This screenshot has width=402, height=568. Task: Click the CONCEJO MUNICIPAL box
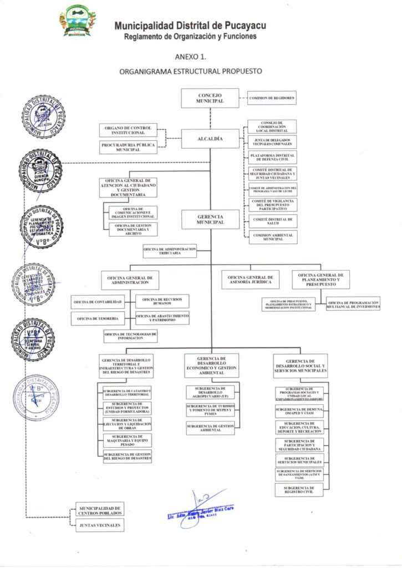pyautogui.click(x=210, y=98)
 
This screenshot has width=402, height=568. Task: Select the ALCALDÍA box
pyautogui.click(x=210, y=139)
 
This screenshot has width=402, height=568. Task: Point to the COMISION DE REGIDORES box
pyautogui.click(x=272, y=98)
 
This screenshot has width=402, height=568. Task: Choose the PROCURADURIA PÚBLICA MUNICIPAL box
pyautogui.click(x=128, y=147)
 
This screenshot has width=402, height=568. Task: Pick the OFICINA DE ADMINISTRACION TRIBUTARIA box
pyautogui.click(x=170, y=251)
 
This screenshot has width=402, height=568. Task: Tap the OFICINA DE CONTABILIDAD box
pyautogui.click(x=97, y=302)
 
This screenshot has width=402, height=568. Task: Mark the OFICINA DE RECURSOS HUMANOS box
pyautogui.click(x=162, y=301)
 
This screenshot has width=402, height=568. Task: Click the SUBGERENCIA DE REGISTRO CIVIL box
pyautogui.click(x=299, y=490)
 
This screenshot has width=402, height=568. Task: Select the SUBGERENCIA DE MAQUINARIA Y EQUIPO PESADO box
pyautogui.click(x=127, y=440)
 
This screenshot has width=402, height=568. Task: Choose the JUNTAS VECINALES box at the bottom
pyautogui.click(x=100, y=525)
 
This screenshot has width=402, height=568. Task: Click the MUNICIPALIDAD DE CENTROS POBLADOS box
pyautogui.click(x=100, y=510)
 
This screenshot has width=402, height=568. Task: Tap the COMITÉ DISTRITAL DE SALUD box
pyautogui.click(x=272, y=221)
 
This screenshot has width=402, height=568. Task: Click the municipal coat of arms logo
pyautogui.click(x=78, y=22)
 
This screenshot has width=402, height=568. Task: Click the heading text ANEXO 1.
pyautogui.click(x=191, y=56)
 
